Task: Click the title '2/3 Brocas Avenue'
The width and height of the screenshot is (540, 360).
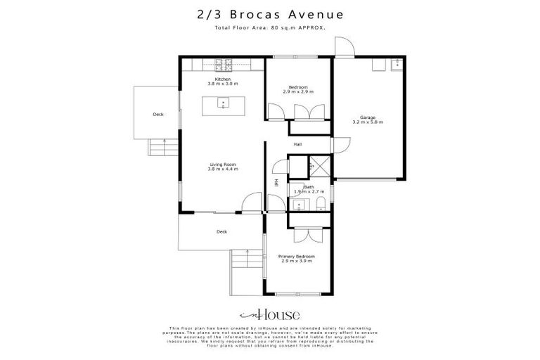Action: click(x=269, y=13)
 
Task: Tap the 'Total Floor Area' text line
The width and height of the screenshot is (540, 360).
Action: click(x=269, y=27)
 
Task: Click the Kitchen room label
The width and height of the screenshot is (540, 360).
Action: click(x=223, y=82)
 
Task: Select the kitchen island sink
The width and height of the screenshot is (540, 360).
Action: click(x=223, y=104)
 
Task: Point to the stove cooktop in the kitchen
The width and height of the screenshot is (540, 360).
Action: click(x=223, y=65)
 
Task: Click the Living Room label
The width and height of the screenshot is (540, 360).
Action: click(x=223, y=167)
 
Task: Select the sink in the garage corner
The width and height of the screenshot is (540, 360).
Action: click(x=395, y=64)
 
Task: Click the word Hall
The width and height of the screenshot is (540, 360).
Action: click(x=297, y=144)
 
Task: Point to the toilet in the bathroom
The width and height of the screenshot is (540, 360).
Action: click(x=321, y=204)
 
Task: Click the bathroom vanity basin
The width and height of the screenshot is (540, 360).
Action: click(x=300, y=205)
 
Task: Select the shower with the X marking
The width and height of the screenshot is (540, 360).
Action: click(x=320, y=167)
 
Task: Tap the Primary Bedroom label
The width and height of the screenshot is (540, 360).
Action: click(x=296, y=258)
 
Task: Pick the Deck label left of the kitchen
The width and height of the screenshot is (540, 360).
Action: click(x=158, y=114)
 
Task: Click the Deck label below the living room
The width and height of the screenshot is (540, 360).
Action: click(x=221, y=231)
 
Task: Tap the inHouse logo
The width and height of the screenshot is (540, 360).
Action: click(x=269, y=315)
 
